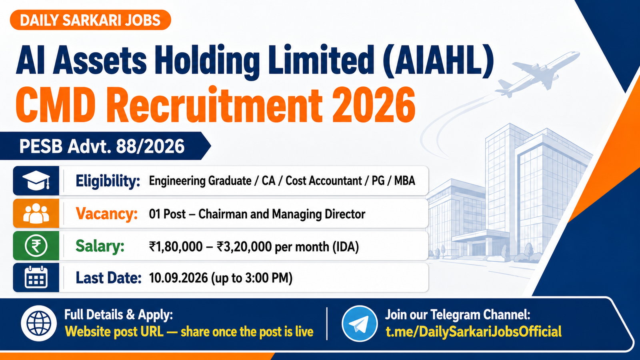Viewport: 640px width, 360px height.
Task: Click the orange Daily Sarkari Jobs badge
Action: (x=90, y=20)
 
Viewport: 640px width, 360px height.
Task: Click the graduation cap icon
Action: (x=36, y=180)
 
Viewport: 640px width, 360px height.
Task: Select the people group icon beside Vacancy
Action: (x=36, y=213)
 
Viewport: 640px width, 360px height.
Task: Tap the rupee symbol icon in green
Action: (x=36, y=246)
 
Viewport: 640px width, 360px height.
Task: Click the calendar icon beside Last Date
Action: (x=36, y=278)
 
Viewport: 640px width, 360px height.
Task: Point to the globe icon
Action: (x=39, y=323)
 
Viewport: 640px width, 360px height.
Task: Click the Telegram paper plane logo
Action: (x=360, y=324)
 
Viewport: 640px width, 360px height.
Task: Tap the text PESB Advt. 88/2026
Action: (x=102, y=146)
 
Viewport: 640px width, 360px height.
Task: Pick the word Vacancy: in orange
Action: (x=106, y=214)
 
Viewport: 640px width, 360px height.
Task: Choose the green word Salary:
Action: (x=100, y=246)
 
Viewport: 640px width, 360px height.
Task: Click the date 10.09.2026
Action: (x=178, y=278)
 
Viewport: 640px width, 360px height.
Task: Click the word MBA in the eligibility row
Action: (x=404, y=181)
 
